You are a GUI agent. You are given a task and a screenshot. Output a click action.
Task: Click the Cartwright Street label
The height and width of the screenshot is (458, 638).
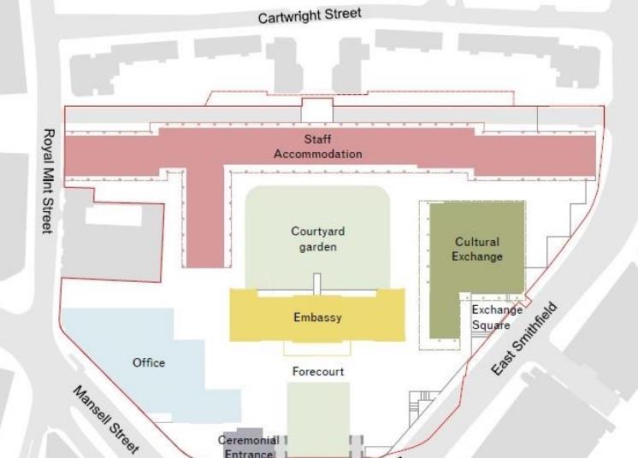pos(310,15)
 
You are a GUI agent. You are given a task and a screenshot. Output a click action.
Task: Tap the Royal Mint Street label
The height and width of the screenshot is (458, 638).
pos(49,180)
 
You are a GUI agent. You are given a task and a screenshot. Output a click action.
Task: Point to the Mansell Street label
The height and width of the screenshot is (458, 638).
pos(105,420)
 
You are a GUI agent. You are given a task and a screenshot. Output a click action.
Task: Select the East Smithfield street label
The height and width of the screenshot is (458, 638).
pos(525,338)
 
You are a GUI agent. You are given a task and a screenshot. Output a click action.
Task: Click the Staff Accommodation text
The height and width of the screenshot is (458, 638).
pos(317,147)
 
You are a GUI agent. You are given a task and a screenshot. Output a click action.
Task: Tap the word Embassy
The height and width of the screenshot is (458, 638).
pos(317,318)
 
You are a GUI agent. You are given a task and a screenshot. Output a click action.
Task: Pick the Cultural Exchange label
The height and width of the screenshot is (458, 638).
pos(477,249)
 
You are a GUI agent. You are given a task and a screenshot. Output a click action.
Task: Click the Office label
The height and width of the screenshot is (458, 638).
pos(149,362)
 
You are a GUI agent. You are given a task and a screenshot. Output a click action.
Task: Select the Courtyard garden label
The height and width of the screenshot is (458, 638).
pos(317,238)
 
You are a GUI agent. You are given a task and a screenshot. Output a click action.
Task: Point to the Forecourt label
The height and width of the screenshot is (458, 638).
pos(318,372)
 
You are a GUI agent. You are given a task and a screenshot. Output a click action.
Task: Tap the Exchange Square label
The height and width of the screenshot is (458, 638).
pos(491,317)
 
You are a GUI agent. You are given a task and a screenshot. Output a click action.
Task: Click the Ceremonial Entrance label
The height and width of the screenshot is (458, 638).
pos(249,447)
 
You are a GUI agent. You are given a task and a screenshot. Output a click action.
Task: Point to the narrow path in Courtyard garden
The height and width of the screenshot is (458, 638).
pos(316,283)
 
